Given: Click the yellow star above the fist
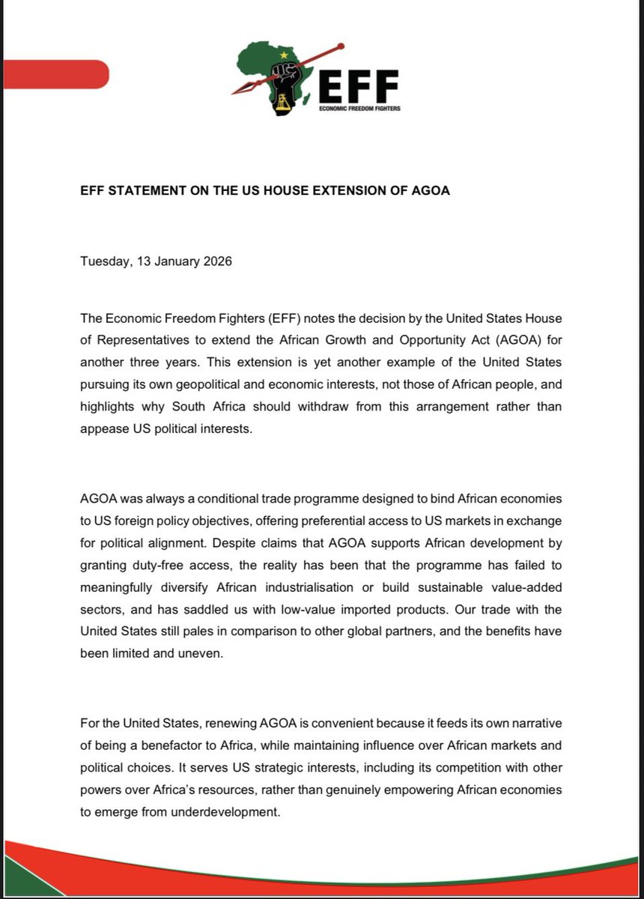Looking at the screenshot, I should click(284, 55).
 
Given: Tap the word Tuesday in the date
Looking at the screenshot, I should click(104, 261).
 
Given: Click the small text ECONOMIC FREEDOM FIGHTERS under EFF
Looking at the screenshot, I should click(359, 109).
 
